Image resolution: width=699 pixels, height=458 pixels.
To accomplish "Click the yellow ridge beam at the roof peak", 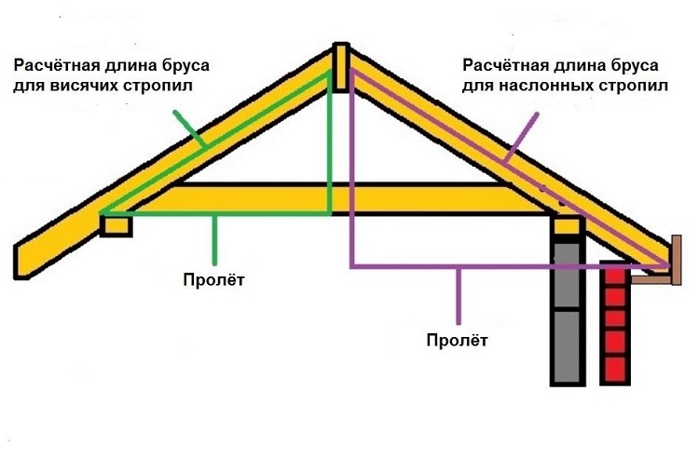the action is (341, 67).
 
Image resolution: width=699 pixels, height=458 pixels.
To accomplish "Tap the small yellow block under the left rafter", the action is (116, 225).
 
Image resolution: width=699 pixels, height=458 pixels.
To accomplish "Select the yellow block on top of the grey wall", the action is (568, 226).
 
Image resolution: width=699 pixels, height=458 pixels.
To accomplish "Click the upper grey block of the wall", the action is (568, 275).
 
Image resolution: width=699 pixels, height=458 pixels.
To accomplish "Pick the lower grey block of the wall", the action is (568, 347).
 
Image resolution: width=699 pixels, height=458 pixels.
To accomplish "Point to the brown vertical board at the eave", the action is (676, 260).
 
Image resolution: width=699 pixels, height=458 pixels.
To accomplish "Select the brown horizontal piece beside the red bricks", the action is (651, 280).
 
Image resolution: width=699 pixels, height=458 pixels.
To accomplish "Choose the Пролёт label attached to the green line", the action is (214, 280).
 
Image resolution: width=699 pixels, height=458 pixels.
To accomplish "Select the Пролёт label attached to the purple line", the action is (458, 341).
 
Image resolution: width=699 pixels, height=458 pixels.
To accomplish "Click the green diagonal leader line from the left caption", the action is (190, 128).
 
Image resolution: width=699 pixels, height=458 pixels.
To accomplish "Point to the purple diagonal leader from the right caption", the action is (522, 137).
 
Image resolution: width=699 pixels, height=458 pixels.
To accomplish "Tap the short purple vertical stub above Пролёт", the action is (459, 296).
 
